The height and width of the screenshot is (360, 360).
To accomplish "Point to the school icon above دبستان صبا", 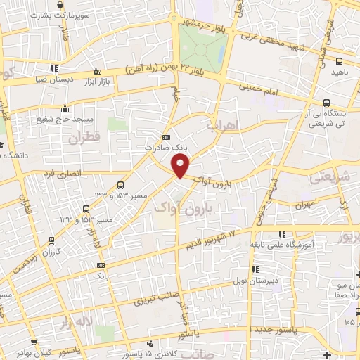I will pos(54,68).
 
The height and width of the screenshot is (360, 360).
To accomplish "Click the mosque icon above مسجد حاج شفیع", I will pos(65,108).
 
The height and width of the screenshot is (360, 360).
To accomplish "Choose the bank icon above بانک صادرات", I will pos(166,137).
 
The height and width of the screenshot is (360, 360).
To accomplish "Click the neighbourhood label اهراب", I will pos(224,126).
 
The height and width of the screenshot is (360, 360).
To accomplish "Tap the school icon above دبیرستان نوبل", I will pos(255,269).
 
